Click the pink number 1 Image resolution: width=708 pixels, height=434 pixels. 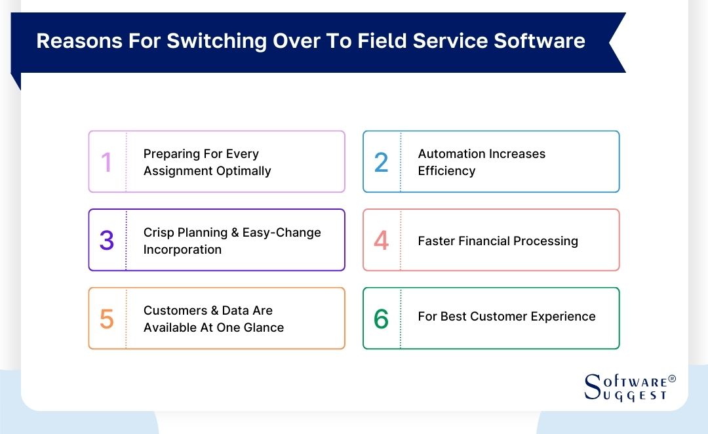click(106, 162)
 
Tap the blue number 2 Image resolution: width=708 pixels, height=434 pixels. click(381, 162)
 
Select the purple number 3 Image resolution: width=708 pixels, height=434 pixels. click(107, 241)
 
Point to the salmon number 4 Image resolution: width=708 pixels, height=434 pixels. click(381, 241)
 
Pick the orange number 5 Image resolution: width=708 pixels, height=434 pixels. click(107, 319)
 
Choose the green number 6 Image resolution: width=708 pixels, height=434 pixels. click(381, 319)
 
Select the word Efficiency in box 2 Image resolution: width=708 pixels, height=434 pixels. click(446, 171)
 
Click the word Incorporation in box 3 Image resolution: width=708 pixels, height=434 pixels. click(182, 250)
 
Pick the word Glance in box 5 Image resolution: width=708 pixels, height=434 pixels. click(262, 328)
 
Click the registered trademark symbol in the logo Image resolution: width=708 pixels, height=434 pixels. click(671, 379)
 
